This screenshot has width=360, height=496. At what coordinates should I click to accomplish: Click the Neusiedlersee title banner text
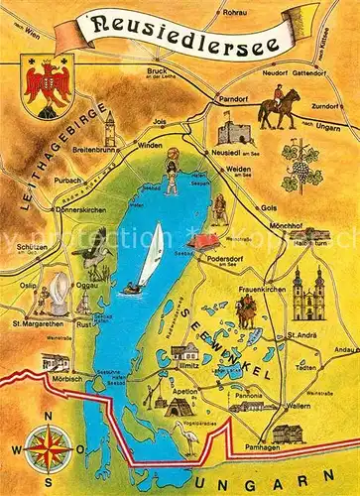pos(180,26)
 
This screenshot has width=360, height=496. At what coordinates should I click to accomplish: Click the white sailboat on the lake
pos(151,254)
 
